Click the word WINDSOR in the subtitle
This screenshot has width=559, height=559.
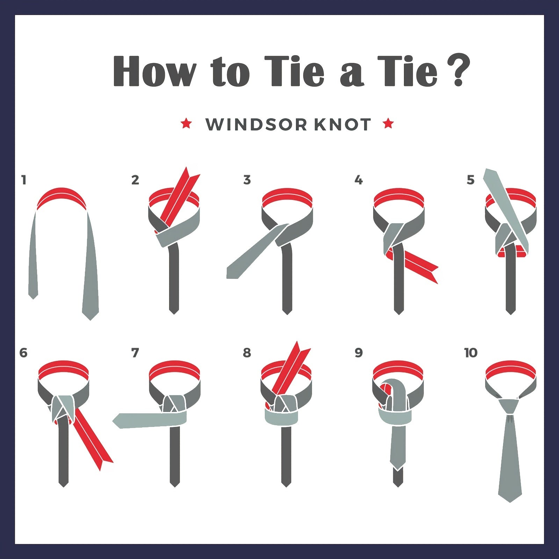tap(256, 124)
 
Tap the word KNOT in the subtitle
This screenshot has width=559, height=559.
tap(342, 124)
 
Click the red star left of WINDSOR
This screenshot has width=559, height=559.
tap(186, 123)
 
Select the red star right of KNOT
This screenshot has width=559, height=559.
tap(389, 123)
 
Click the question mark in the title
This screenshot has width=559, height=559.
tap(458, 71)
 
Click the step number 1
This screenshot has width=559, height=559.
tap(24, 180)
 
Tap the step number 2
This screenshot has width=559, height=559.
tap(135, 180)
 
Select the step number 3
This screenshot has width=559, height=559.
tap(247, 180)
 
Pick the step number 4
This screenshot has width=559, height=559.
tap(359, 180)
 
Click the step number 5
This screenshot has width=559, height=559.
tap(471, 180)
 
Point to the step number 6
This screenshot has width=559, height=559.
tap(23, 353)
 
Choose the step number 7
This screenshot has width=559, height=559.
tap(135, 353)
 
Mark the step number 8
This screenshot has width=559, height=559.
tap(247, 353)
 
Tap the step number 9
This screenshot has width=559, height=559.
tap(359, 353)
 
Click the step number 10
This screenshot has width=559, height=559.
tap(471, 353)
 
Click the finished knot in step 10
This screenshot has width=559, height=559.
tap(510, 406)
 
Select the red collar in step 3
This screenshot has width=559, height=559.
tap(287, 199)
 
